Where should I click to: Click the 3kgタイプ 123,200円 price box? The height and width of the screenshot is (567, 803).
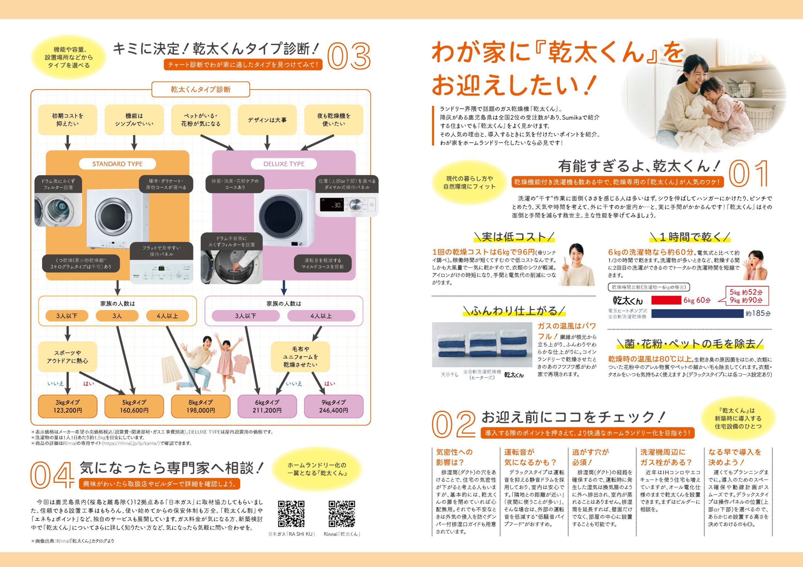tap(67, 406)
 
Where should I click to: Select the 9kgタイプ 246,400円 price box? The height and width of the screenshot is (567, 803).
tap(334, 406)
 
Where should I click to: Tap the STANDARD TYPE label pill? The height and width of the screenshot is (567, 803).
tap(118, 164)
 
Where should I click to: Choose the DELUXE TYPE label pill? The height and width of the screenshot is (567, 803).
tap(284, 164)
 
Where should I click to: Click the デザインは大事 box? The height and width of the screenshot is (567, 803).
tap(267, 120)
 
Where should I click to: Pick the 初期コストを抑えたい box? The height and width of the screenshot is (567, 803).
tap(67, 120)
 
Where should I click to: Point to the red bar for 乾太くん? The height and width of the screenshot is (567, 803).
tap(666, 300)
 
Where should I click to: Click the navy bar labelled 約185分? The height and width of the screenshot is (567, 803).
tap(697, 313)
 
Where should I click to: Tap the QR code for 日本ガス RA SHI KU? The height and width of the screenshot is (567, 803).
tap(291, 513)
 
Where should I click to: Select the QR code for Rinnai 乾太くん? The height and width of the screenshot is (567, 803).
tap(342, 513)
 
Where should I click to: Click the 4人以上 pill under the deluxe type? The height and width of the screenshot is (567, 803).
tap(321, 316)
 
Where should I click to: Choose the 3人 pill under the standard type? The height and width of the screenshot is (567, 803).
tap(117, 316)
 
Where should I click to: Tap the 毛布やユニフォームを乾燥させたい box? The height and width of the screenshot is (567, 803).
tap(300, 357)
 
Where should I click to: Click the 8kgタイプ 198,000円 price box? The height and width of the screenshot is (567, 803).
tap(200, 406)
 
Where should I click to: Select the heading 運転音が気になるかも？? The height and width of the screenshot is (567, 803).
tap(530, 457)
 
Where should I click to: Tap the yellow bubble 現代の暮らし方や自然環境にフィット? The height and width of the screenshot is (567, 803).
tap(470, 183)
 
